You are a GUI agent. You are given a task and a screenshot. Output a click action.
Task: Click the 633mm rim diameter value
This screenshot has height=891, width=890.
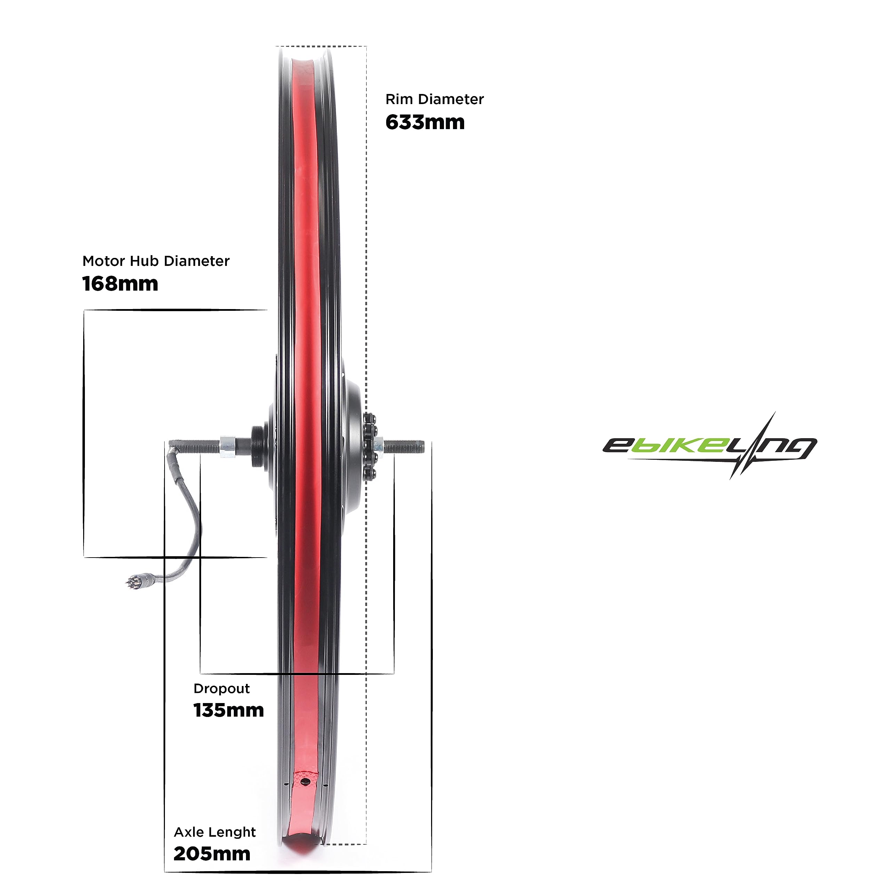click(x=425, y=122)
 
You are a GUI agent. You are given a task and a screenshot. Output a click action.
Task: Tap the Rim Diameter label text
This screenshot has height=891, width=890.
click(x=435, y=99)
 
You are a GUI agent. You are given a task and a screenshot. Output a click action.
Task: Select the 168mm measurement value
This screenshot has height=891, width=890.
click(x=120, y=284)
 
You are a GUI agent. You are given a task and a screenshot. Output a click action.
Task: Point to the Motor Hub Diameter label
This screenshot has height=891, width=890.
click(x=156, y=261)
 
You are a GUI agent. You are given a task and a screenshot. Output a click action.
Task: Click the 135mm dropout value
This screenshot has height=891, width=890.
click(x=228, y=710)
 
